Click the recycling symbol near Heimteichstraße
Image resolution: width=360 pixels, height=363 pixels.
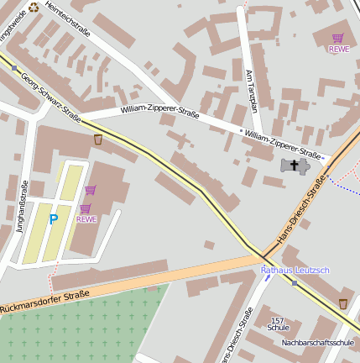[x=34, y=7]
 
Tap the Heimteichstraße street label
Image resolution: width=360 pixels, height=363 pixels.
[x=69, y=21]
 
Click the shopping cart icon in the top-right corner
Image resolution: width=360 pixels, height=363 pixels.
[x=337, y=38]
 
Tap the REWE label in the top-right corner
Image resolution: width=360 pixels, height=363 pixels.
[x=338, y=49]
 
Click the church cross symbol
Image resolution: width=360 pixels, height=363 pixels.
[x=295, y=165]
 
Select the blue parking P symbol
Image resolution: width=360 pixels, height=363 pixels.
[x=54, y=219]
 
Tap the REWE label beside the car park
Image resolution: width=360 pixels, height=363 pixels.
[x=86, y=219]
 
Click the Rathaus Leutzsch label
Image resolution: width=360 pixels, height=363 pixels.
[x=295, y=270]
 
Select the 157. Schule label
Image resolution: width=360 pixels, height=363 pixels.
[x=279, y=324]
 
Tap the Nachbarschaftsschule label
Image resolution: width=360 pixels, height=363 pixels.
[x=318, y=343]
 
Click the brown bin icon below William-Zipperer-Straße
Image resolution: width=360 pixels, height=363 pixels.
[x=98, y=139]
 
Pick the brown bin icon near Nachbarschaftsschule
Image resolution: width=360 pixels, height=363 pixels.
[x=342, y=302]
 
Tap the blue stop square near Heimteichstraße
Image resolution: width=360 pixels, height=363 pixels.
[x=14, y=68]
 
